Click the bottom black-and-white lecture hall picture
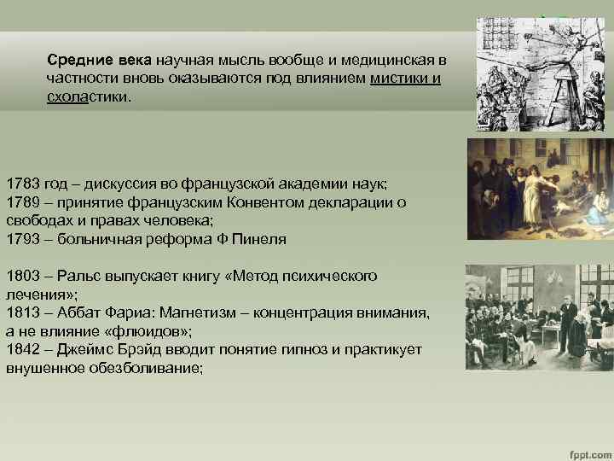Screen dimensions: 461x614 (539, 317)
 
